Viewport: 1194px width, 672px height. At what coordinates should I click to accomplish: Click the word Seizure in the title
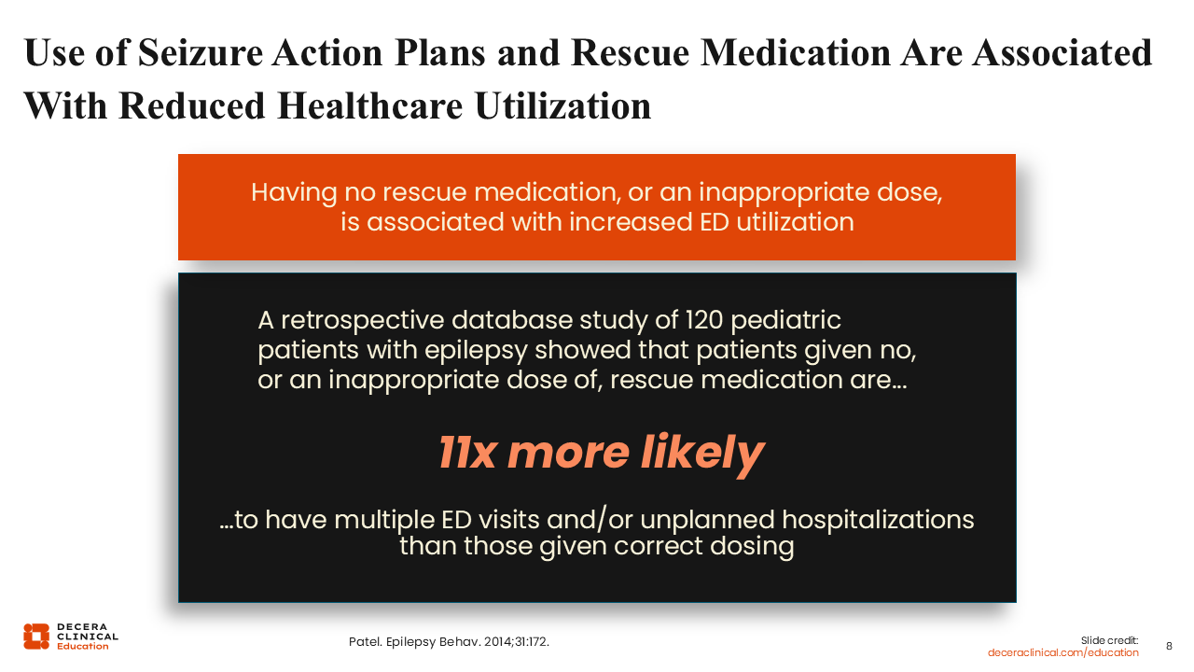click(x=201, y=53)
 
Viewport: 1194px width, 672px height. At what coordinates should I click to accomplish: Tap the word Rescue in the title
click(x=630, y=53)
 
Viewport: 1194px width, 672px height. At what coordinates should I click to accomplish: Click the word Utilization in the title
click(x=562, y=106)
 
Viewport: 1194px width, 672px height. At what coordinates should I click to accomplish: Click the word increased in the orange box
click(x=631, y=222)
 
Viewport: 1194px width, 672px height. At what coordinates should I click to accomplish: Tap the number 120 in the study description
click(x=703, y=320)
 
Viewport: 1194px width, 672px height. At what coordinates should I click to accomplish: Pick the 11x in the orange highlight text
click(x=467, y=453)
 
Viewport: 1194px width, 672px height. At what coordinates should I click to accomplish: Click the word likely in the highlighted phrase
click(x=702, y=455)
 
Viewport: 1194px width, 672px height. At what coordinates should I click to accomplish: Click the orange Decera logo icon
click(x=36, y=637)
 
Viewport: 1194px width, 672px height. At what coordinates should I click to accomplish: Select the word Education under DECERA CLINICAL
click(x=83, y=647)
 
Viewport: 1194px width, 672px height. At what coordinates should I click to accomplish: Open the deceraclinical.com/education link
click(x=1062, y=652)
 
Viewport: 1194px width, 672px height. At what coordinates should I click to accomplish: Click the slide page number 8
click(x=1169, y=647)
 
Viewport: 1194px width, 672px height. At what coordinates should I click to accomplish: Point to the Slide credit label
click(x=1109, y=640)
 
